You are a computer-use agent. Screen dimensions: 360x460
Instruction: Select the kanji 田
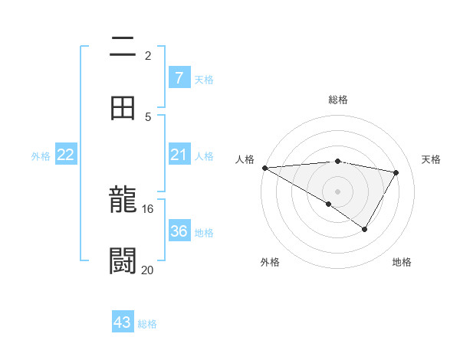123,108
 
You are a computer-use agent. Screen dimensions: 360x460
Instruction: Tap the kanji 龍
123,201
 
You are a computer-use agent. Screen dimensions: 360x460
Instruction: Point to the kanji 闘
123,261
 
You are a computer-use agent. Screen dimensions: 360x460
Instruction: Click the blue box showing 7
179,78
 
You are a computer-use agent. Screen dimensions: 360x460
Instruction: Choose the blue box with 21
179,155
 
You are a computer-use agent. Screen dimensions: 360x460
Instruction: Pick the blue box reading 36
179,231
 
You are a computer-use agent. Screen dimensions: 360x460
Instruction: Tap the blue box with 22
66,155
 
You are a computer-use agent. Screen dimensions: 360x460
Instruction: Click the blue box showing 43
123,322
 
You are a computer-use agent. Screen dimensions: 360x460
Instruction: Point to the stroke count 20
148,270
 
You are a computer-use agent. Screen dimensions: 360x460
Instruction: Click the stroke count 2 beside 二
148,55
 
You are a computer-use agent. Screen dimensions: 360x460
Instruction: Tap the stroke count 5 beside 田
148,116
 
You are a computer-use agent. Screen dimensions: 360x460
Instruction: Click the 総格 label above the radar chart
337,100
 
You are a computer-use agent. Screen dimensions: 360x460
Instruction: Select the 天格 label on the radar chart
431,159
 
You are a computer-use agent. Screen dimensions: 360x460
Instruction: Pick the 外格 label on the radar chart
270,262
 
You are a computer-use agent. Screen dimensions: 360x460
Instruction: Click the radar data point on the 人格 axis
264,168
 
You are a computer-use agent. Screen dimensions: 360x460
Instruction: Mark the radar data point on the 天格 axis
396,172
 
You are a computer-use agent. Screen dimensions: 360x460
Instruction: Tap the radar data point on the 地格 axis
365,229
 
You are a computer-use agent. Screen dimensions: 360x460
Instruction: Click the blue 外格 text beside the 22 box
41,156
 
